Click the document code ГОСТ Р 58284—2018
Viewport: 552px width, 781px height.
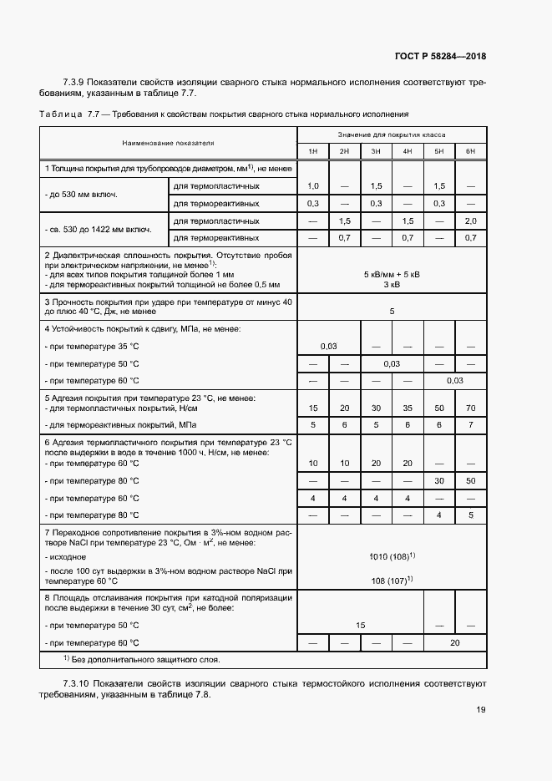pyautogui.click(x=440, y=57)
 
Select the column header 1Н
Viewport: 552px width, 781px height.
pyautogui.click(x=312, y=151)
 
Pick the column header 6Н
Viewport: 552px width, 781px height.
pyautogui.click(x=470, y=151)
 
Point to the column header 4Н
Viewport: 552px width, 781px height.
pyautogui.click(x=407, y=151)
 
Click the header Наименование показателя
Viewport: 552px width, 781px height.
pyautogui.click(x=168, y=143)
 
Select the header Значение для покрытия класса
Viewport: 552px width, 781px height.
pyautogui.click(x=391, y=134)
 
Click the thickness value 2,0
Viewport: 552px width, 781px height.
pyautogui.click(x=470, y=221)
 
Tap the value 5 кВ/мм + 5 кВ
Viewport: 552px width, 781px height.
pyautogui.click(x=392, y=274)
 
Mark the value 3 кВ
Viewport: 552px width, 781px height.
pyautogui.click(x=392, y=284)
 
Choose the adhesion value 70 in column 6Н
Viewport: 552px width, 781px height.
pyautogui.click(x=470, y=408)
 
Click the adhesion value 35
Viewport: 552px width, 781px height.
pyautogui.click(x=407, y=408)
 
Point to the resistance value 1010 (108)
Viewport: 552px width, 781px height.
pyautogui.click(x=392, y=555)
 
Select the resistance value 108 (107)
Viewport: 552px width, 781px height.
pyautogui.click(x=392, y=580)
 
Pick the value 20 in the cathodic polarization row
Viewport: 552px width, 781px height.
pyautogui.click(x=454, y=642)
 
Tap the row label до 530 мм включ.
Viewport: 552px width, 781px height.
pyautogui.click(x=81, y=194)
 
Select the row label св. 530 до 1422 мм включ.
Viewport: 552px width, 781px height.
pyautogui.click(x=98, y=229)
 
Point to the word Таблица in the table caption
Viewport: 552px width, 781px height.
pyautogui.click(x=60, y=113)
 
